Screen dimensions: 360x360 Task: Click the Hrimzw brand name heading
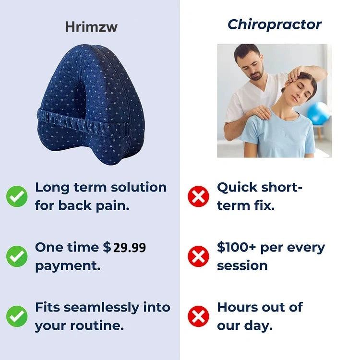pyautogui.click(x=91, y=27)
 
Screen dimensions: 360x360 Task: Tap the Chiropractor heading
pyautogui.click(x=275, y=24)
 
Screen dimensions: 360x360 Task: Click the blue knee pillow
pyautogui.click(x=91, y=103)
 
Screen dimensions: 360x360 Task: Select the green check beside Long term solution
pyautogui.click(x=17, y=196)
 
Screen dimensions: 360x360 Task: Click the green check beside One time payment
pyautogui.click(x=17, y=256)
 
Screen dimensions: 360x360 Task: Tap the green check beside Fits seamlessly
pyautogui.click(x=17, y=316)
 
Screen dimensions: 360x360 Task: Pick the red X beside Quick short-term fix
pyautogui.click(x=198, y=196)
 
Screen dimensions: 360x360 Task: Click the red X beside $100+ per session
pyautogui.click(x=198, y=256)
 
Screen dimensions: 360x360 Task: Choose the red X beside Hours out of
pyautogui.click(x=198, y=316)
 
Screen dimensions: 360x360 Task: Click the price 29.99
pyautogui.click(x=129, y=248)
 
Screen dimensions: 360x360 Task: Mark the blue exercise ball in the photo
pyautogui.click(x=318, y=113)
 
